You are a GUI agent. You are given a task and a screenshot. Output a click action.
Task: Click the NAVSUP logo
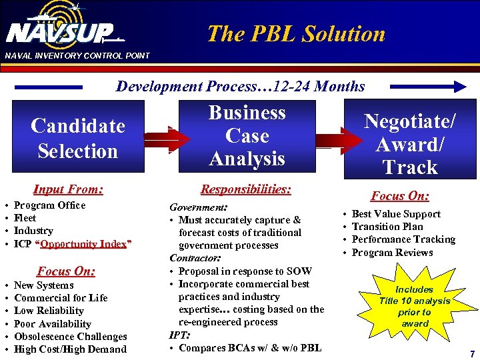point(60,30)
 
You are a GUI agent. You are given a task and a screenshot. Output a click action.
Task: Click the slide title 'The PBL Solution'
point(296,33)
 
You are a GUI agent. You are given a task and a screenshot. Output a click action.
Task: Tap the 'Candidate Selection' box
point(78,139)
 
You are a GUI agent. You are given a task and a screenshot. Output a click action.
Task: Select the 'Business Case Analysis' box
point(247,136)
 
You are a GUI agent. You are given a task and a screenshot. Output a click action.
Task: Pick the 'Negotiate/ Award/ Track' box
point(409,143)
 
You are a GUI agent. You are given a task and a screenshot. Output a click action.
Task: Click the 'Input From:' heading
point(68,190)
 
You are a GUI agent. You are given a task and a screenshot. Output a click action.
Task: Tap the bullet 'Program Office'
point(49,205)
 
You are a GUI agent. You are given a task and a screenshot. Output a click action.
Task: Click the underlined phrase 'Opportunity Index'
point(83,243)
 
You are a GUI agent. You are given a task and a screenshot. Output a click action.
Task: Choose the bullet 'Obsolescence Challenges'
point(70,337)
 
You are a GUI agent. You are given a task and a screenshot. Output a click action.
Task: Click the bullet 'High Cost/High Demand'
point(70,349)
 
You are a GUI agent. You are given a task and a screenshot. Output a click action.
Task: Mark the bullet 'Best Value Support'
point(396,214)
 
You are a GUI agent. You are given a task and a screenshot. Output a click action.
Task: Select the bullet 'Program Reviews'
point(392,253)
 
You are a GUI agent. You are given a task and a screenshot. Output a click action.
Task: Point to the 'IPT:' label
point(180,335)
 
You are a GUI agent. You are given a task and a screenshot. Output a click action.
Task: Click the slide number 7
point(472,353)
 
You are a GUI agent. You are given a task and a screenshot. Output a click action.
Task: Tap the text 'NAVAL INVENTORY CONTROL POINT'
point(77,55)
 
